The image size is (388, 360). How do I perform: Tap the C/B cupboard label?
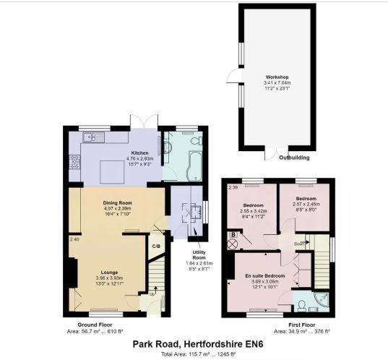(x=155, y=246)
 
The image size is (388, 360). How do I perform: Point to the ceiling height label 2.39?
(x=233, y=188)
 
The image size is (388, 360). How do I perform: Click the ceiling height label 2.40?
(x=74, y=239)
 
